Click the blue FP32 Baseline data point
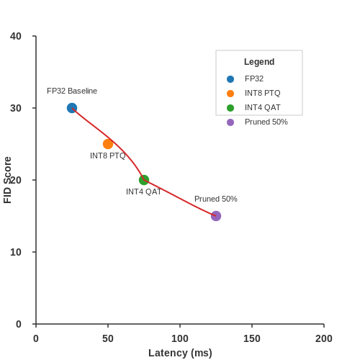pos(72,108)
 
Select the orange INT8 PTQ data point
pos(108,144)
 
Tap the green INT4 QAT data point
pos(144,180)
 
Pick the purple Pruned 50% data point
pos(216,216)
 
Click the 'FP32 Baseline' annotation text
pos(72,91)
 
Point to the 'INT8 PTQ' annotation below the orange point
pos(108,156)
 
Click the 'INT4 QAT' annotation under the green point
pos(143,192)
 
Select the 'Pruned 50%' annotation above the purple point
pos(216,199)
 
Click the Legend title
pos(259,62)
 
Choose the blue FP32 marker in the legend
pos(230,79)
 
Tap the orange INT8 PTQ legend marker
pos(230,94)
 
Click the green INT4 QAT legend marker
pos(230,108)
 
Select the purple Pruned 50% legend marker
pos(230,122)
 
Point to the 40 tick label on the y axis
pos(16,36)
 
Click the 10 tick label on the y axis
pos(16,252)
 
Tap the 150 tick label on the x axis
pos(252,338)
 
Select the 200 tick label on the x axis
pos(324,338)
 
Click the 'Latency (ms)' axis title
pos(180,353)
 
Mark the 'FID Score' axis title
pos(7,180)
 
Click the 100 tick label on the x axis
pos(180,338)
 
